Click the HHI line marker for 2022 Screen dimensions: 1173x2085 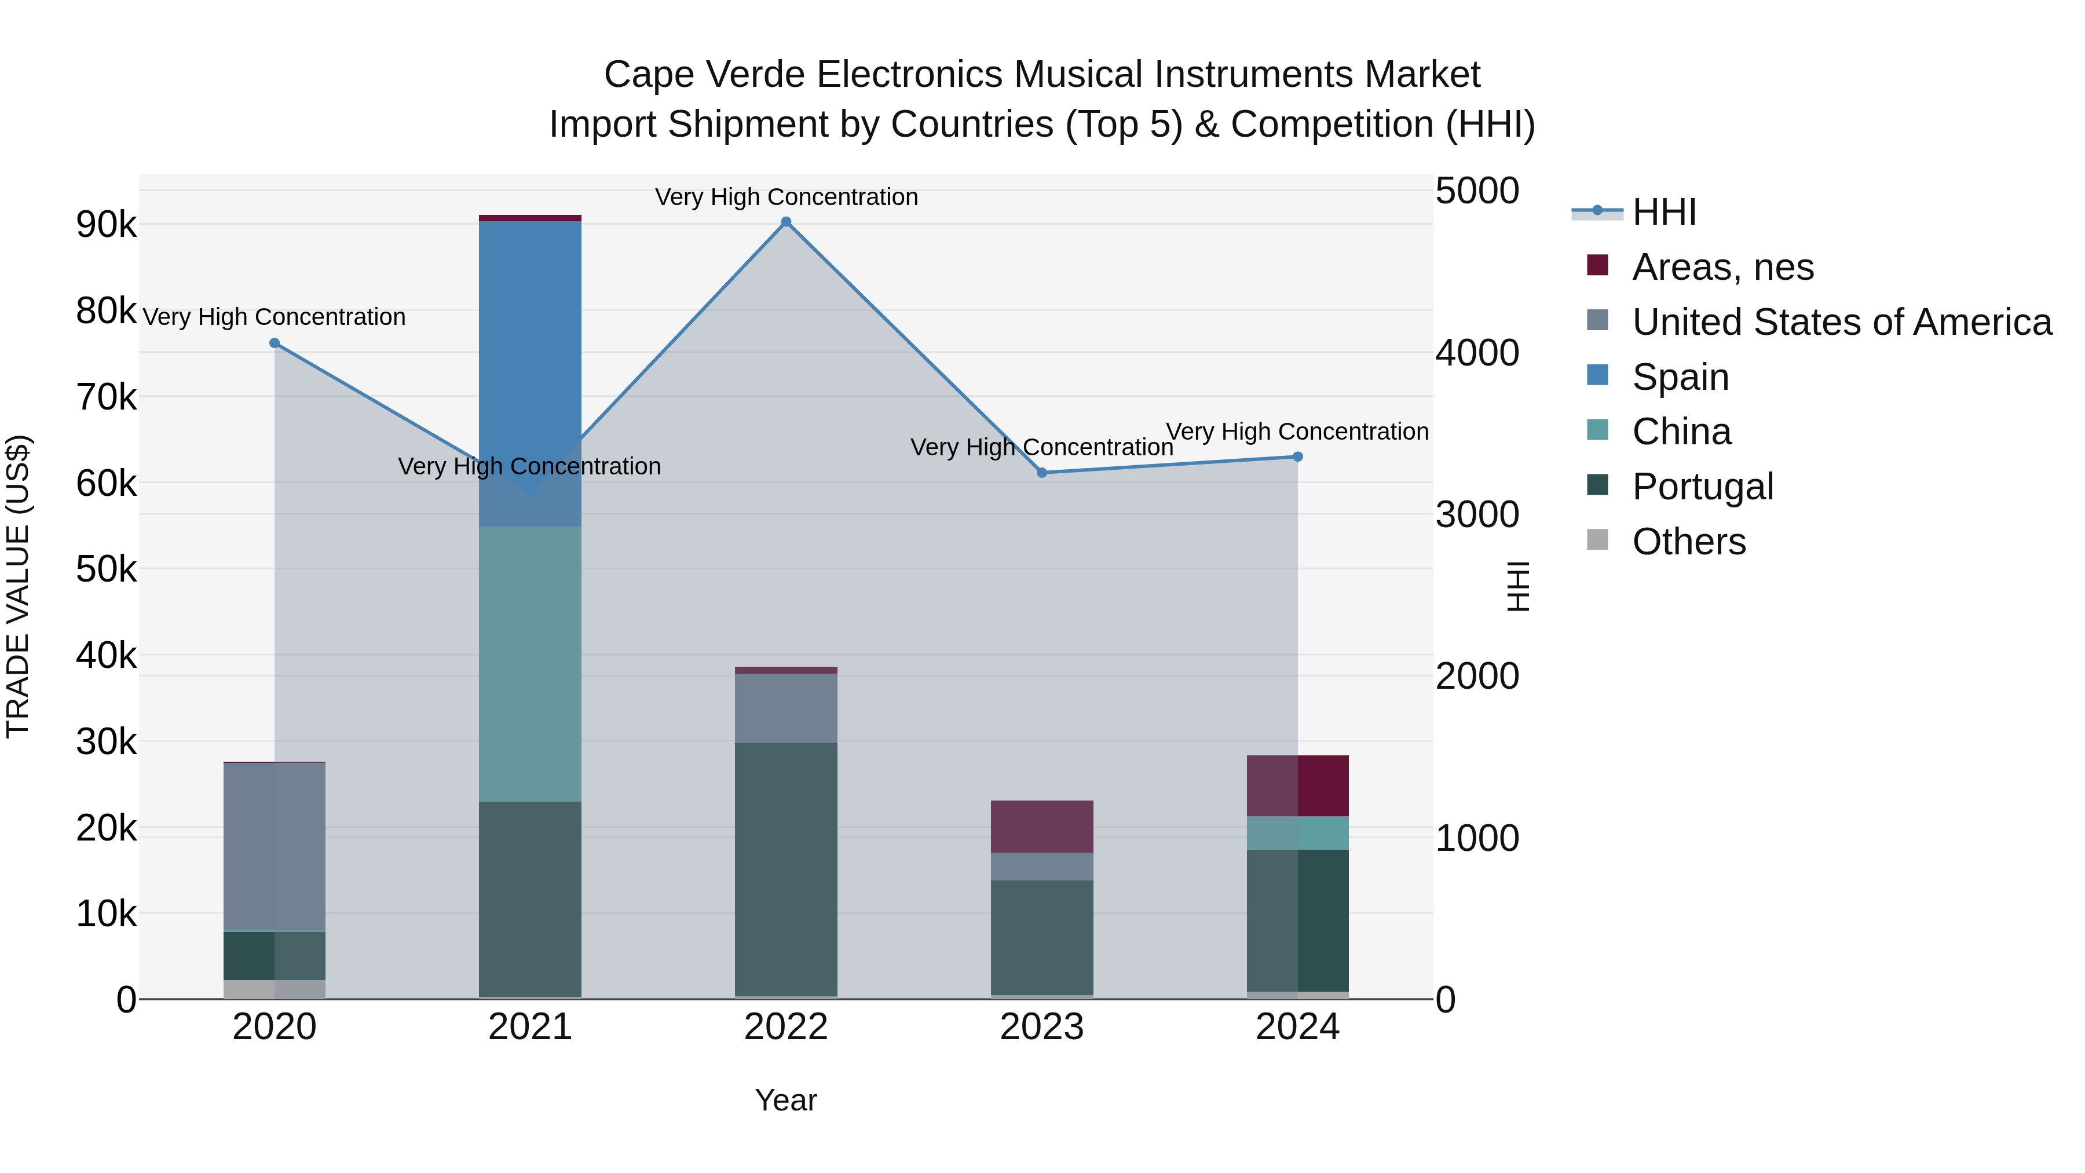pyautogui.click(x=786, y=222)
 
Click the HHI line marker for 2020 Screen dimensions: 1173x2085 pyautogui.click(x=275, y=344)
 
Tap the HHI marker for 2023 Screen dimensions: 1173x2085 pyautogui.click(x=1042, y=473)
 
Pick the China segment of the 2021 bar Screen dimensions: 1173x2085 pyautogui.click(x=530, y=664)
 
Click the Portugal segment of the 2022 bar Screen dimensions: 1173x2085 pyautogui.click(x=786, y=869)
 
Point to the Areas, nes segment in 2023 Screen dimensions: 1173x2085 pyautogui.click(x=1042, y=827)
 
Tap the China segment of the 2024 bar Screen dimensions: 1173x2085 pyautogui.click(x=1297, y=833)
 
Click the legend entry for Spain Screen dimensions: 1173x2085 pyautogui.click(x=1680, y=377)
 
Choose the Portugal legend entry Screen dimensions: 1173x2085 pyautogui.click(x=1702, y=487)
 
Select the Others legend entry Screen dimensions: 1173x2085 pyautogui.click(x=1688, y=542)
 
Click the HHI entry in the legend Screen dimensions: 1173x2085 pyautogui.click(x=1663, y=212)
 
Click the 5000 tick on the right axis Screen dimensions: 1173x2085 pyautogui.click(x=1477, y=191)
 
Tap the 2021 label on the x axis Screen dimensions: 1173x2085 pyautogui.click(x=530, y=1027)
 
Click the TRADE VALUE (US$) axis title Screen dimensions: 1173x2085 pyautogui.click(x=18, y=586)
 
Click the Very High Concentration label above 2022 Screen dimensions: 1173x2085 pyautogui.click(x=786, y=197)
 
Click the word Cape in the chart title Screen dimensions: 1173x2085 pyautogui.click(x=648, y=75)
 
